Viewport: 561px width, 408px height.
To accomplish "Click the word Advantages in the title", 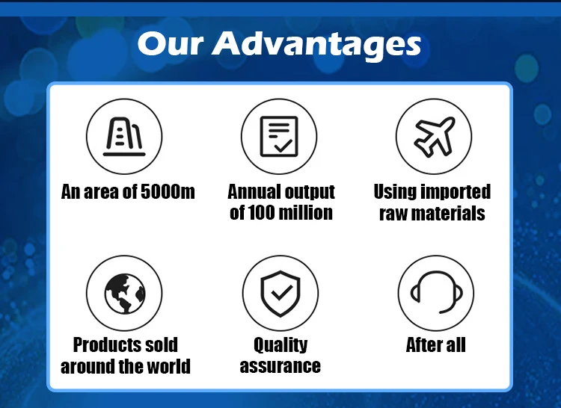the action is (316, 45).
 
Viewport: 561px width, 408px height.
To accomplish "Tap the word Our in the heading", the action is (171, 43).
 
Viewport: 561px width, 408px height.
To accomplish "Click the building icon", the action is (124, 137).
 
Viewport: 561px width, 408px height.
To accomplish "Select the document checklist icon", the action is (279, 137).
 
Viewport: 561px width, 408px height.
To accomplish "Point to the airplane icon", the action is (435, 137).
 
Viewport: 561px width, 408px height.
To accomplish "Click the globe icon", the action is (125, 294).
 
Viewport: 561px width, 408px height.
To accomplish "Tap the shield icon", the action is (280, 294).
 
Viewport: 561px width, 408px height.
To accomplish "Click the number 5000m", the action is (168, 191).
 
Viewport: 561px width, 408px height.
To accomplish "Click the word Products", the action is (102, 344).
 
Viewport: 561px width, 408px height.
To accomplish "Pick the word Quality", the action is (280, 346).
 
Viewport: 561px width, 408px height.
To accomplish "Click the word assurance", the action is (280, 367).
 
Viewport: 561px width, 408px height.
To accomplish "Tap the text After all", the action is (436, 344).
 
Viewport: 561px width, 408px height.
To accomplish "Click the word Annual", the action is (251, 192).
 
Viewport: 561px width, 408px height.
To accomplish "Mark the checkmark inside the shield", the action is (281, 293).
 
